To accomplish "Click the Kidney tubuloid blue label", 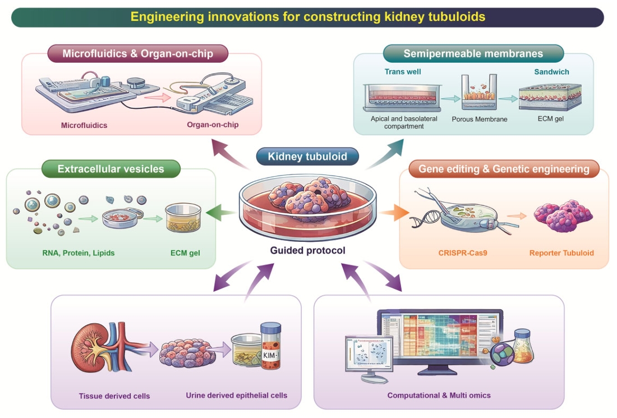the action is [x=307, y=156].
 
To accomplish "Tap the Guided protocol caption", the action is [x=308, y=250].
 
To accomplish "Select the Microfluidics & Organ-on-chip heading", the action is [x=138, y=53].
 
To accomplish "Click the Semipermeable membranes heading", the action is [x=473, y=53].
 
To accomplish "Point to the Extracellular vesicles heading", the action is [x=111, y=169].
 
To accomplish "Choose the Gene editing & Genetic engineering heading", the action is [x=504, y=169].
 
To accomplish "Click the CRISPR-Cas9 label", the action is [x=463, y=253].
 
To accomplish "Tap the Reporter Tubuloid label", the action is [x=561, y=253].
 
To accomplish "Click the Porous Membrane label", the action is [x=479, y=120].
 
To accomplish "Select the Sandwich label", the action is [x=551, y=72].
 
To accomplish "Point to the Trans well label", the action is [x=403, y=72].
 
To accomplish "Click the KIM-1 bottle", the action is [x=271, y=346].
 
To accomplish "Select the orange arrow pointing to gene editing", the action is [x=394, y=213].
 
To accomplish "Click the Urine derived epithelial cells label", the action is [x=237, y=395].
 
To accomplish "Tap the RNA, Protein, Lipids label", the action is [x=79, y=253].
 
